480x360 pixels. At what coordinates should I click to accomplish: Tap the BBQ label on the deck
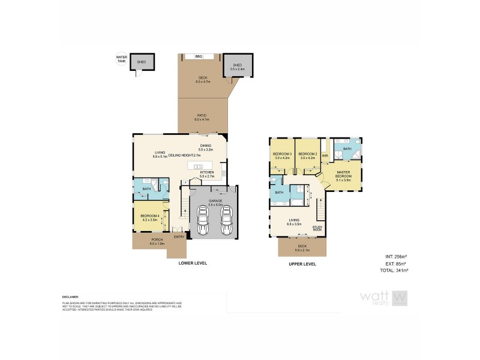coord(199,56)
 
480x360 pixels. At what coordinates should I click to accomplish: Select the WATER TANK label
coord(122,59)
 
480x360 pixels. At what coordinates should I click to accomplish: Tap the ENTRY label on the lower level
coord(179,237)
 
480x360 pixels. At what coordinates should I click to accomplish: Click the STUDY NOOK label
coord(317,228)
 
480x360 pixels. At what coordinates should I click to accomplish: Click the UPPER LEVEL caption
coord(302,264)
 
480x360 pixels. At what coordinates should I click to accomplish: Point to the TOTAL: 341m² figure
coord(394,271)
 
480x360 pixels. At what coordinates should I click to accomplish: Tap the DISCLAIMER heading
coord(71,297)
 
